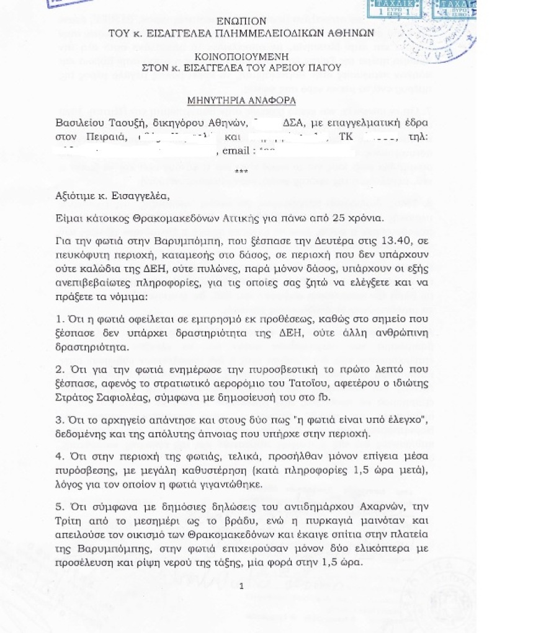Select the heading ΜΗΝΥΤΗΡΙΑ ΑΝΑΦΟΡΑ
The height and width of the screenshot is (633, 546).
coord(242,99)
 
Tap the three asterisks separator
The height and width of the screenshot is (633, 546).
coord(241,171)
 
